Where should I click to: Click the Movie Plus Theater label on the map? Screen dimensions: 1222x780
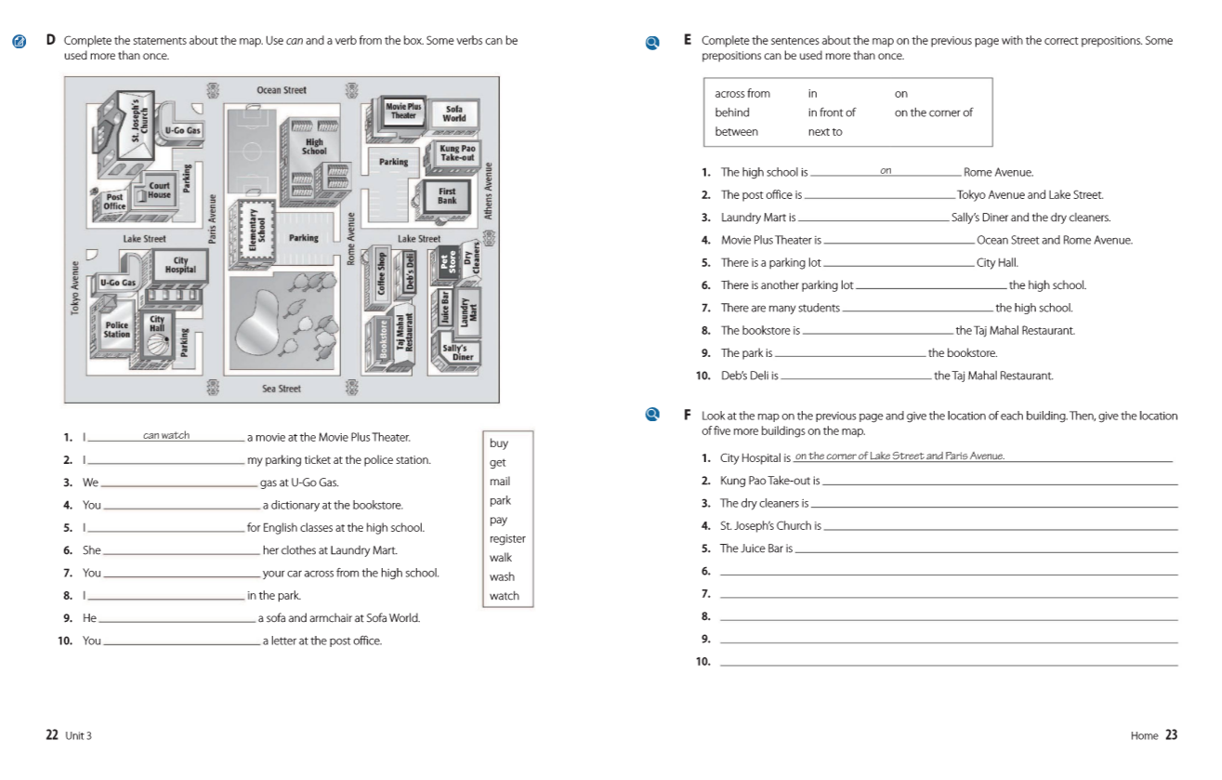point(403,111)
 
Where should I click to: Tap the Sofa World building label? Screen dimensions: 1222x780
point(453,113)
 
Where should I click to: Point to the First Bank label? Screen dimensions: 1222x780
point(447,195)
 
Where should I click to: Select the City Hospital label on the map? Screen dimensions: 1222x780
point(180,265)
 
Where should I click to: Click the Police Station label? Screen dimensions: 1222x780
point(117,329)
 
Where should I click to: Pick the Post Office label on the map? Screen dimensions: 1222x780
point(114,201)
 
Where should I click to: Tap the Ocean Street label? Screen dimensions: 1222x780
point(282,90)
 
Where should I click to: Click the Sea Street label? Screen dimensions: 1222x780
point(281,388)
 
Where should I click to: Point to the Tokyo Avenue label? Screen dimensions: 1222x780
point(74,287)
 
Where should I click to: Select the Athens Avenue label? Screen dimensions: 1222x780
point(488,191)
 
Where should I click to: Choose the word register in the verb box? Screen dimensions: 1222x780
point(507,538)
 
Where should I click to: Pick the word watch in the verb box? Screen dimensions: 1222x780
point(504,596)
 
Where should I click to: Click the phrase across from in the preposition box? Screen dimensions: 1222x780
point(742,93)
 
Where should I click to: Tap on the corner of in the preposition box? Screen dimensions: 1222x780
point(933,112)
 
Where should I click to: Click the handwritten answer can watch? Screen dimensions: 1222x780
point(166,435)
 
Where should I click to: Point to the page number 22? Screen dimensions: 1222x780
point(52,734)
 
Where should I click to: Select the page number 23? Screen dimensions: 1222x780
point(1171,734)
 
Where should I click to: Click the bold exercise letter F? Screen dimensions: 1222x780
point(688,416)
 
